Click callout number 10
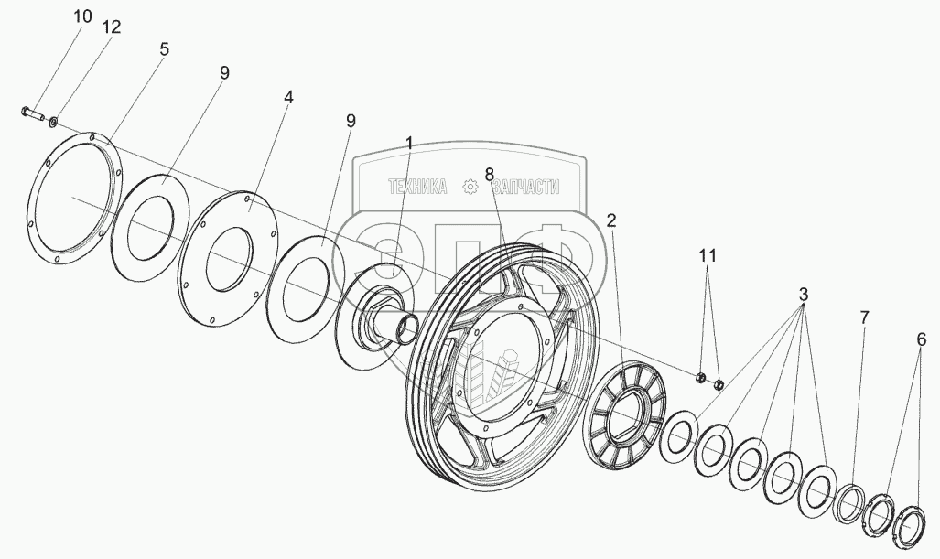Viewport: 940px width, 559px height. click(x=82, y=16)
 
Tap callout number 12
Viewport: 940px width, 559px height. click(x=111, y=27)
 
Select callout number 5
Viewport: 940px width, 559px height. click(x=164, y=49)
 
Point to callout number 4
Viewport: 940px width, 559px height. click(x=287, y=97)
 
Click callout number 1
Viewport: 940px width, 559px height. click(x=409, y=144)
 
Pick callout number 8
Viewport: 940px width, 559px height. click(x=490, y=173)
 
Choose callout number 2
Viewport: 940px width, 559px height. click(x=611, y=220)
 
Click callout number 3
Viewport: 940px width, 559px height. click(x=803, y=296)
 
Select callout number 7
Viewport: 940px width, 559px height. click(x=864, y=317)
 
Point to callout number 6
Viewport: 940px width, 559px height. click(x=920, y=339)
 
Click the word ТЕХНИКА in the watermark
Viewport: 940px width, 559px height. click(x=417, y=187)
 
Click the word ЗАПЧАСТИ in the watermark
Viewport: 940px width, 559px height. click(x=525, y=187)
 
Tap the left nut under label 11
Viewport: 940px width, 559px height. click(x=700, y=377)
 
